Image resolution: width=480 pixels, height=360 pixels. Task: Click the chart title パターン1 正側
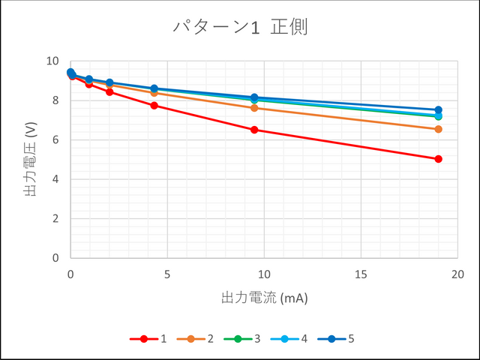(x=240, y=27)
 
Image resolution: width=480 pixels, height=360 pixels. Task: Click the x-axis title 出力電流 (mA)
(x=264, y=298)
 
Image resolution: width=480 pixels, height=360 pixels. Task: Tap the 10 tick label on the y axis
(x=52, y=61)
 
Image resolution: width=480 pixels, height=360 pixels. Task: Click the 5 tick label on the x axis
(x=167, y=274)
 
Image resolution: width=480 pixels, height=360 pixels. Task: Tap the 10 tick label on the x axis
(x=264, y=274)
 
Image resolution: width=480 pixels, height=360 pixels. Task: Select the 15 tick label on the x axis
(x=361, y=274)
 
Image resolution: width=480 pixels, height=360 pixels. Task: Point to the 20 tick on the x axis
(x=457, y=274)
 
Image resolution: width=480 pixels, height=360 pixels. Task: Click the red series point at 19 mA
(x=438, y=159)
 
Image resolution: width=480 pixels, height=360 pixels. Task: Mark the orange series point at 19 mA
(x=438, y=129)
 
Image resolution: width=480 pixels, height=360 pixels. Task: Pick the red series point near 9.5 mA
(x=254, y=130)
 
